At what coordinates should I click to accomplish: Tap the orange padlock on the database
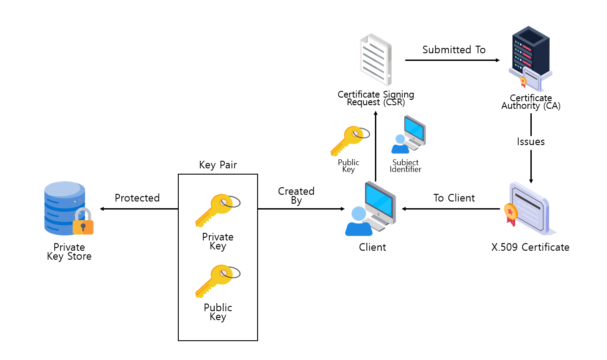coord(83,223)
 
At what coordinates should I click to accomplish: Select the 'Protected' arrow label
coord(137,198)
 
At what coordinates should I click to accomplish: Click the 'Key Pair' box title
coord(218,165)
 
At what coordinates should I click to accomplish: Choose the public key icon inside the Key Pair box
coord(217,280)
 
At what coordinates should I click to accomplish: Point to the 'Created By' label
coord(296,196)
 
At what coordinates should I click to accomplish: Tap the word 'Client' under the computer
coord(372,247)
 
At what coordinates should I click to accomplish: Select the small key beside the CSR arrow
coord(349,140)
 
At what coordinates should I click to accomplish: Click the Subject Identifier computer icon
coord(409,134)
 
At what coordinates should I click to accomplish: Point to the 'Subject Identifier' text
coord(405,166)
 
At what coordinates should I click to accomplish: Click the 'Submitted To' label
coord(454,50)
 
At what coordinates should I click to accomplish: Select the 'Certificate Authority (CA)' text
coord(531,102)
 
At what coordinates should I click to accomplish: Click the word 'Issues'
coord(531,142)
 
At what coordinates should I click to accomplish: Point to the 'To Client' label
coord(454,198)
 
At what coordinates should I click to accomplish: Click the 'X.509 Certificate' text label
coord(530,247)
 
